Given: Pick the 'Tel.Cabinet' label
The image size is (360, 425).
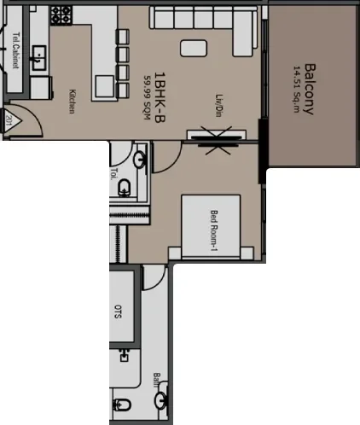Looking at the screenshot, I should click(x=16, y=50).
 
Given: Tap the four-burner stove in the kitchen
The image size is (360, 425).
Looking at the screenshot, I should click(x=62, y=15).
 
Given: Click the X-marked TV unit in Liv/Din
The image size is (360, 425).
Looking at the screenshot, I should click(x=212, y=137).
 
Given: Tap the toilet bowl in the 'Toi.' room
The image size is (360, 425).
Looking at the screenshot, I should click(x=126, y=188).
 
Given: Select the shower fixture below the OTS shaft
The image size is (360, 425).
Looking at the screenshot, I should click(x=126, y=352).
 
